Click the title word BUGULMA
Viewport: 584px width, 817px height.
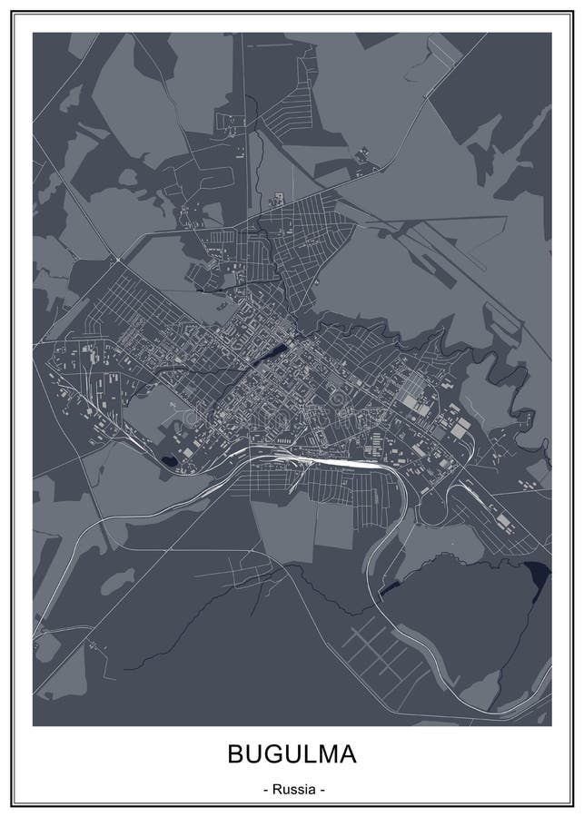click(292, 755)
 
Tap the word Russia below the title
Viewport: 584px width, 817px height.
click(292, 790)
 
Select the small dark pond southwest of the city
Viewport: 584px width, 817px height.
click(169, 460)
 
